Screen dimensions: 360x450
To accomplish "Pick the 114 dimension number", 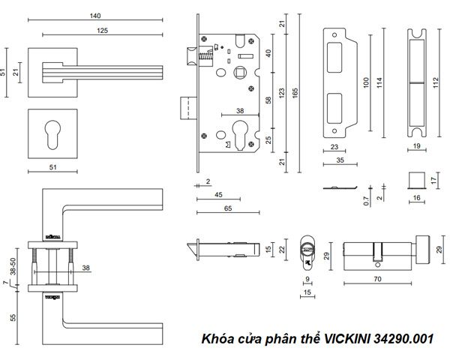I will click(381, 81).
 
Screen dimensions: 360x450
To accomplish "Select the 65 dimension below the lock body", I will click(225, 209).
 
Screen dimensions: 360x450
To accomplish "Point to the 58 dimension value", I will click(268, 100).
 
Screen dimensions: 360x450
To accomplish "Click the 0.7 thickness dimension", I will click(366, 199).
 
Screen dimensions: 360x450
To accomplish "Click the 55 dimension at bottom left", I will click(13, 317).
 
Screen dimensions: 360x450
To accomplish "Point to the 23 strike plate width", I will click(334, 147).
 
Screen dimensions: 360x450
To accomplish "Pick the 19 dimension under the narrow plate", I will click(417, 147).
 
